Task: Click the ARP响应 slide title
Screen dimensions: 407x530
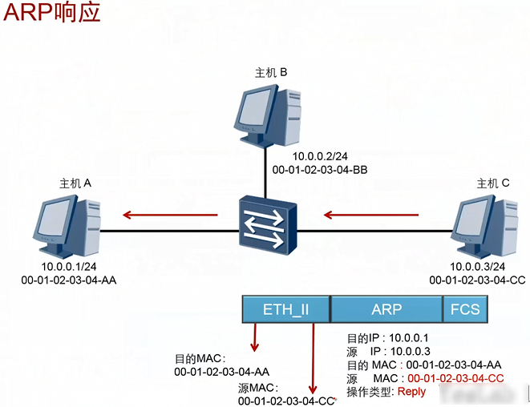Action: pos(53,14)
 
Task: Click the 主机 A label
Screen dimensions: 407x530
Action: pos(76,183)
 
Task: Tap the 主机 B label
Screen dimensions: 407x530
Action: pos(271,72)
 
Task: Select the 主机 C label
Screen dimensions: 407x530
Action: pos(493,183)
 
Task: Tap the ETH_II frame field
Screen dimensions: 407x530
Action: pos(286,308)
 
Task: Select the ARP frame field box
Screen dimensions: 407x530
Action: pos(386,308)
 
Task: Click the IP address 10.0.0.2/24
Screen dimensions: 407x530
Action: pos(321,157)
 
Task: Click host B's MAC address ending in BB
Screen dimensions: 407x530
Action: pos(320,170)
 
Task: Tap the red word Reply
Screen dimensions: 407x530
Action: pos(411,392)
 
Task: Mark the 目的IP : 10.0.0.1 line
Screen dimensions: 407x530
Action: pos(387,339)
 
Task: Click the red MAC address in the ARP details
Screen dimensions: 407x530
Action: pos(455,378)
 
